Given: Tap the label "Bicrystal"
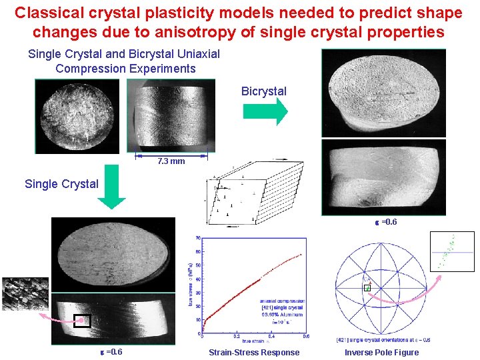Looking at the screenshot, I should (x=264, y=91).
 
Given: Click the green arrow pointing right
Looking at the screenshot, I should (x=265, y=112).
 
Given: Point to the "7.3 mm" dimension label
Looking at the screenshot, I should (x=171, y=161).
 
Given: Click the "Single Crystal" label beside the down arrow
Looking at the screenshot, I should (x=61, y=184).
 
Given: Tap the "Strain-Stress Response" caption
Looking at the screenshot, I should (x=254, y=352).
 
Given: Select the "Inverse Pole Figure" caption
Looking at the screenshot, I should (x=381, y=352).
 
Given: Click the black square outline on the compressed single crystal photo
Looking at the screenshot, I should (x=82, y=320).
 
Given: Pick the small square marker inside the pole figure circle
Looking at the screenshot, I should (x=367, y=288).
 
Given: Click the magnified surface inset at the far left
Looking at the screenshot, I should (x=25, y=294).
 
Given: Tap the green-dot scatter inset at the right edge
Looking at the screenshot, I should (x=452, y=251).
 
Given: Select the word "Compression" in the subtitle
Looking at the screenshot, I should (x=88, y=69).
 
